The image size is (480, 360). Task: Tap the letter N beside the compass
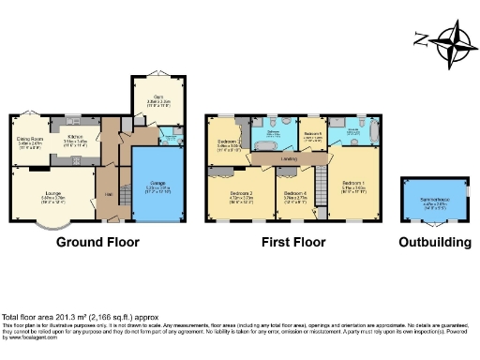[421, 39]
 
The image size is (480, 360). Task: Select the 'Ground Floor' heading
[97, 242]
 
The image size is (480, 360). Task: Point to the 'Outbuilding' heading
[428, 242]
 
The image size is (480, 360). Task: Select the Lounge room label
[52, 195]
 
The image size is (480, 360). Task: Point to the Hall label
[108, 194]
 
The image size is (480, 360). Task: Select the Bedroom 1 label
[353, 184]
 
